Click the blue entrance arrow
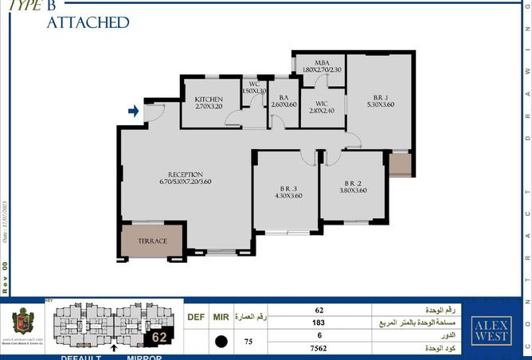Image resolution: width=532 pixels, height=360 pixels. tap(134, 112)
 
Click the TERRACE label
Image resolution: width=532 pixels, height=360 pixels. tap(153, 241)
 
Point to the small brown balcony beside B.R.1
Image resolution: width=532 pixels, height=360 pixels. tap(398, 164)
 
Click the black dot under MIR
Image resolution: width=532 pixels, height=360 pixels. tap(221, 341)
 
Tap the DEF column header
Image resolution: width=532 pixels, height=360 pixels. tap(196, 317)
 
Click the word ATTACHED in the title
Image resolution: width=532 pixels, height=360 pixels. tap(88, 22)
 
